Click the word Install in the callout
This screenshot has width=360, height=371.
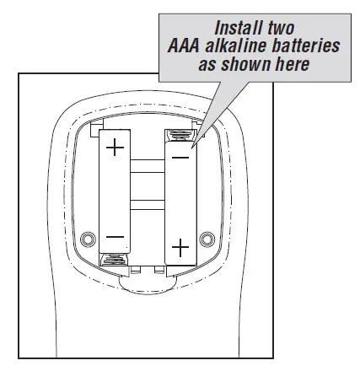pyautogui.click(x=238, y=28)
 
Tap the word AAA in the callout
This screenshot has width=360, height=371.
pyautogui.click(x=184, y=46)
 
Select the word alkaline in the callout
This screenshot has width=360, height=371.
pyautogui.click(x=236, y=46)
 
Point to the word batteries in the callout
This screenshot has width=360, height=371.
pyautogui.click(x=306, y=46)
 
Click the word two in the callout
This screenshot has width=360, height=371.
pyautogui.click(x=281, y=28)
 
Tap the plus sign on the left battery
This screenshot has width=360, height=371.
pyautogui.click(x=115, y=147)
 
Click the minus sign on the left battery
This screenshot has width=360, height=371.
pyautogui.click(x=115, y=237)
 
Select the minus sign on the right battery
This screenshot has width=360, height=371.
pyautogui.click(x=180, y=158)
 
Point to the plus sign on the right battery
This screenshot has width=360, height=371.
pyautogui.click(x=180, y=248)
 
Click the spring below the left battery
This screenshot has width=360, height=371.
pyautogui.click(x=114, y=259)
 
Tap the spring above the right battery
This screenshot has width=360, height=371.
pyautogui.click(x=180, y=136)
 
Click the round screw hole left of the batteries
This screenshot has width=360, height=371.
pyautogui.click(x=88, y=239)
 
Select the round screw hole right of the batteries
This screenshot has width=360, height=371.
pyautogui.click(x=207, y=239)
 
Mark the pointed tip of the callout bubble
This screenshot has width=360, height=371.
pyautogui.click(x=192, y=148)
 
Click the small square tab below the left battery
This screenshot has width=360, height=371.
pyautogui.click(x=136, y=270)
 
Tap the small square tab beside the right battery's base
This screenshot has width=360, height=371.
pyautogui.click(x=159, y=270)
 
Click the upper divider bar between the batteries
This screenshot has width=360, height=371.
pyautogui.click(x=148, y=166)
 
